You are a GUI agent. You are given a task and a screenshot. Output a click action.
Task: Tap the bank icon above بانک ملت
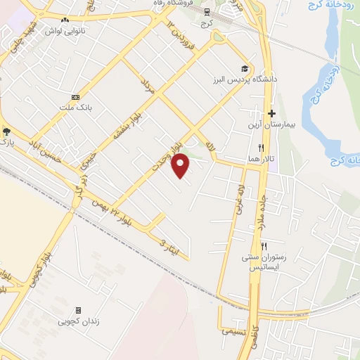[75, 97]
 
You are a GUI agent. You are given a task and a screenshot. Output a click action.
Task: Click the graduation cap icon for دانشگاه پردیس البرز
[244, 68]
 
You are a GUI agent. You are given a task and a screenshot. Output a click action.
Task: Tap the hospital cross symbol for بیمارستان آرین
[271, 114]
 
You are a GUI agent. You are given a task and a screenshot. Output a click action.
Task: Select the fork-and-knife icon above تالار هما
[261, 148]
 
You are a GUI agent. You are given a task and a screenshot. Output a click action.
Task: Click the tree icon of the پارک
[7, 131]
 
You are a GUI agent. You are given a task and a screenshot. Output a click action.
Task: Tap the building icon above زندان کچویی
[78, 309]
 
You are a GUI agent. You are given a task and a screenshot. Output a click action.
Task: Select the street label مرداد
[146, 86]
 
